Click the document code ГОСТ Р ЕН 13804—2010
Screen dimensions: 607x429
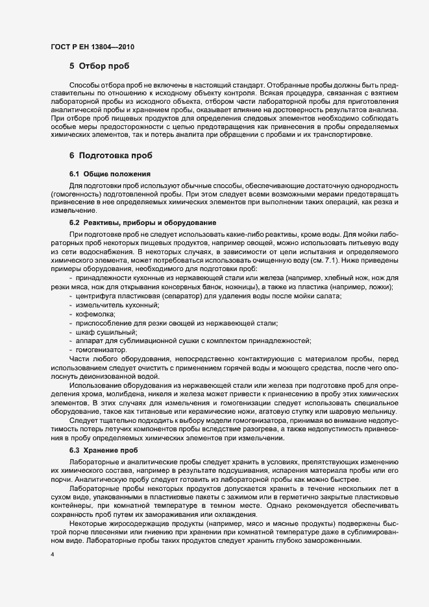[x=93, y=47]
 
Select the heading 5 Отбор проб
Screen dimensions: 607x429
[x=99, y=66]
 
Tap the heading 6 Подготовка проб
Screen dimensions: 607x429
[x=110, y=156]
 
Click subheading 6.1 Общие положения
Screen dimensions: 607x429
[x=110, y=174]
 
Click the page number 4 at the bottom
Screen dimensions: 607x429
[x=53, y=556]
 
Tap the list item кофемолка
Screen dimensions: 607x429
[x=95, y=314]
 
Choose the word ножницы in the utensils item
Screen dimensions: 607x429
[x=239, y=287]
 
